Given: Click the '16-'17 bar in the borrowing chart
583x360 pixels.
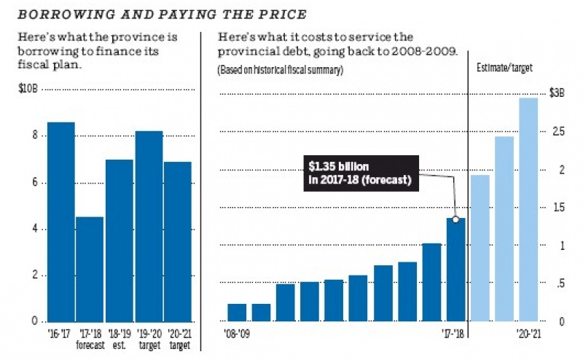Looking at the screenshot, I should click(61, 222).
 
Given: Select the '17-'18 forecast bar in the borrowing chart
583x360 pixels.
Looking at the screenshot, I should click(90, 269).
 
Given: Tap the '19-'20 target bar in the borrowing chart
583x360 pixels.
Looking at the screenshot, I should click(149, 226).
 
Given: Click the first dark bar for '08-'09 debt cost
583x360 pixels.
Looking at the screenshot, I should click(237, 312).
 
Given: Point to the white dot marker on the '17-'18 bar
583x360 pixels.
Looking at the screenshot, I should click(455, 219).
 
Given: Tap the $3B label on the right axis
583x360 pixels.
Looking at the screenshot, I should click(557, 93).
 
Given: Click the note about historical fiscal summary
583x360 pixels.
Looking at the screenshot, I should click(280, 70).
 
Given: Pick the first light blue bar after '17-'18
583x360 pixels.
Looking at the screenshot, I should click(480, 248).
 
